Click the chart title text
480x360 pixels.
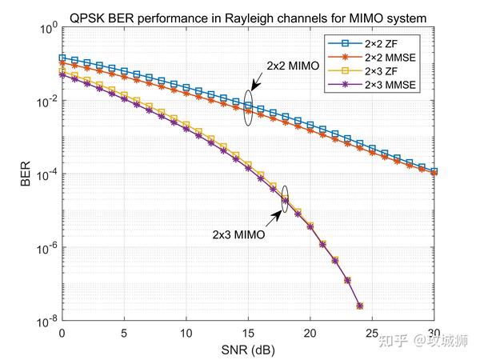coord(246,15)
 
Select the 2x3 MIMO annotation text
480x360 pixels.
coord(238,235)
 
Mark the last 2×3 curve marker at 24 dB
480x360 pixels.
coord(360,306)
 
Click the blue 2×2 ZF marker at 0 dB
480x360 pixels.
coord(62,58)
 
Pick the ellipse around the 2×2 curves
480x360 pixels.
coord(249,109)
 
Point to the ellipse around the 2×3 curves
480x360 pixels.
coord(286,195)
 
